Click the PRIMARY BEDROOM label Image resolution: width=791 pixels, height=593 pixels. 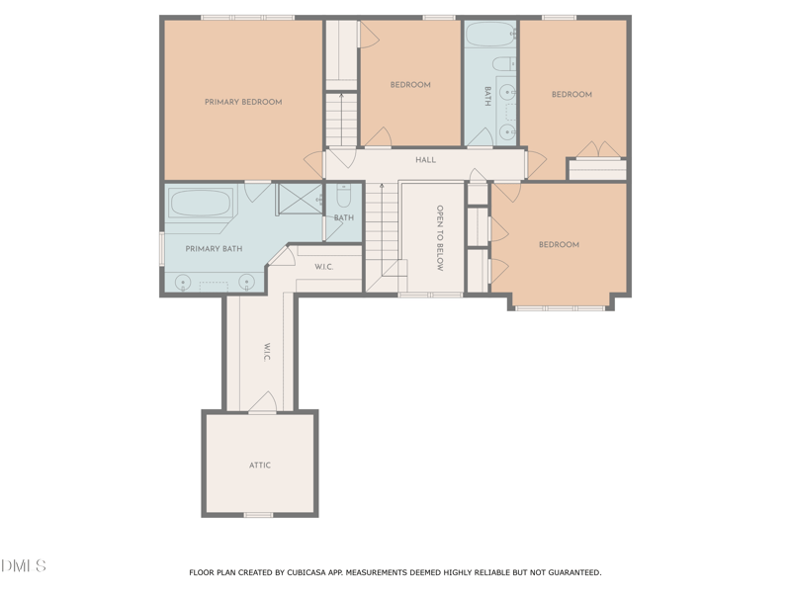coord(243,102)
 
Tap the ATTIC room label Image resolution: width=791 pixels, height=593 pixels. coord(259,465)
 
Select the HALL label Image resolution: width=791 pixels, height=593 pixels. coord(425,160)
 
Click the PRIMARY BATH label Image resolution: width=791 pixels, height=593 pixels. coord(214,249)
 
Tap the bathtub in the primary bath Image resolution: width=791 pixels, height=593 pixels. coord(201,204)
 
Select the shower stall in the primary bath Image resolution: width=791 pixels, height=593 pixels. coord(300,200)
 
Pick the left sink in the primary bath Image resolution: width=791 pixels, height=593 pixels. coord(183,283)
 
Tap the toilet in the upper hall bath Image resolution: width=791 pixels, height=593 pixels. coord(504,64)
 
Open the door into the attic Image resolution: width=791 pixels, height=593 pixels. coord(262,403)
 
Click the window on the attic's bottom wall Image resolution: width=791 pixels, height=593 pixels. coord(258,515)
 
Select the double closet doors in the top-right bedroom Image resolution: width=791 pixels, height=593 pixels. coord(597,150)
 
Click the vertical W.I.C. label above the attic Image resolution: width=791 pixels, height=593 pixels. coord(266,352)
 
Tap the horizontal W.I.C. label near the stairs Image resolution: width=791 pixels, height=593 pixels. coord(324,267)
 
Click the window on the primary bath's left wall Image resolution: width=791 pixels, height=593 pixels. coord(161,248)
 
